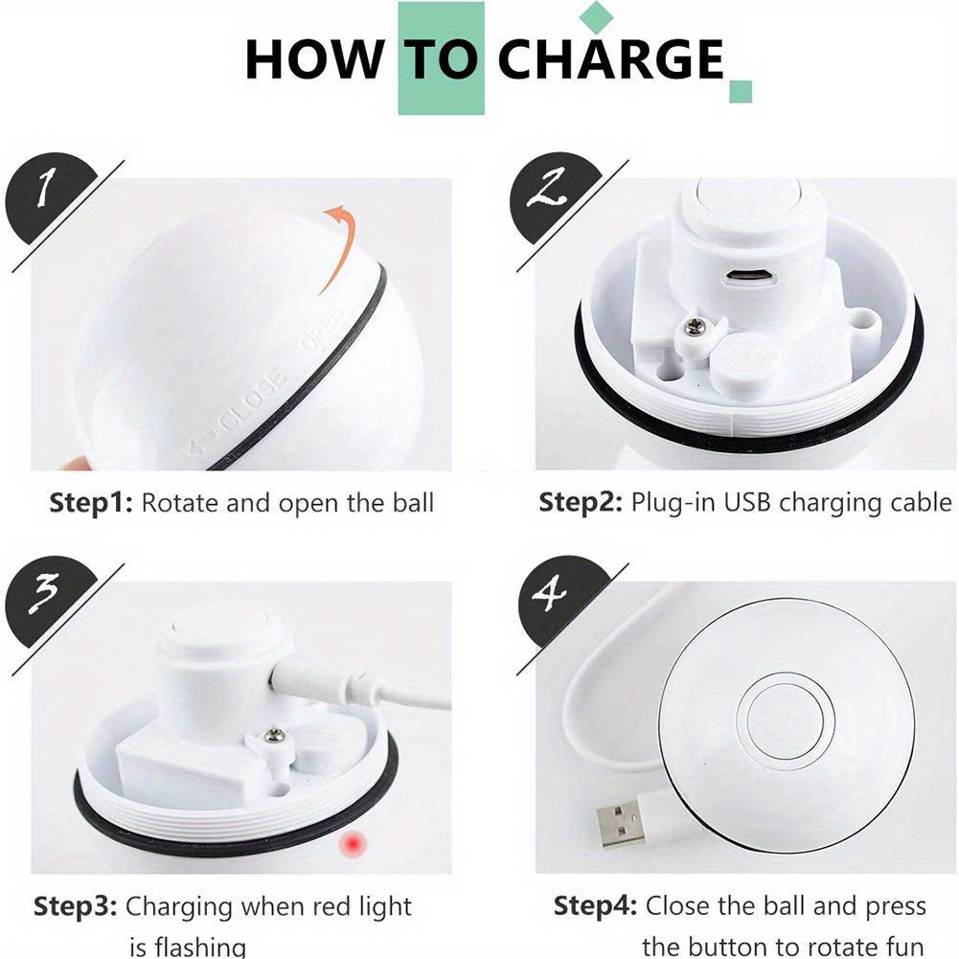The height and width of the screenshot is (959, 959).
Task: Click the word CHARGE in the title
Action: point(610,58)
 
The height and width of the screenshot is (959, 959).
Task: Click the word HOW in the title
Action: point(315,58)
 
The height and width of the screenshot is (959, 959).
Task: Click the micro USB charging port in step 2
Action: point(750,277)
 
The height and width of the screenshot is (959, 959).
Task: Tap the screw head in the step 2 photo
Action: point(695,328)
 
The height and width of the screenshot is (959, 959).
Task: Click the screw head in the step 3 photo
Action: point(274,735)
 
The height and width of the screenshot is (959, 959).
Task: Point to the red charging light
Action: point(353,845)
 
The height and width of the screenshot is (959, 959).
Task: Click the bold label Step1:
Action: point(90,503)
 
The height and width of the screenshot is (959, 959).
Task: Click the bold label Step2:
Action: point(581,503)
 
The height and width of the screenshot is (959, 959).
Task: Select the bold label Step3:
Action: point(75,905)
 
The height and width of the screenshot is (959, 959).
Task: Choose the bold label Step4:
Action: point(595,905)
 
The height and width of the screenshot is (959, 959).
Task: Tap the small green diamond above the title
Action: point(596,17)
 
